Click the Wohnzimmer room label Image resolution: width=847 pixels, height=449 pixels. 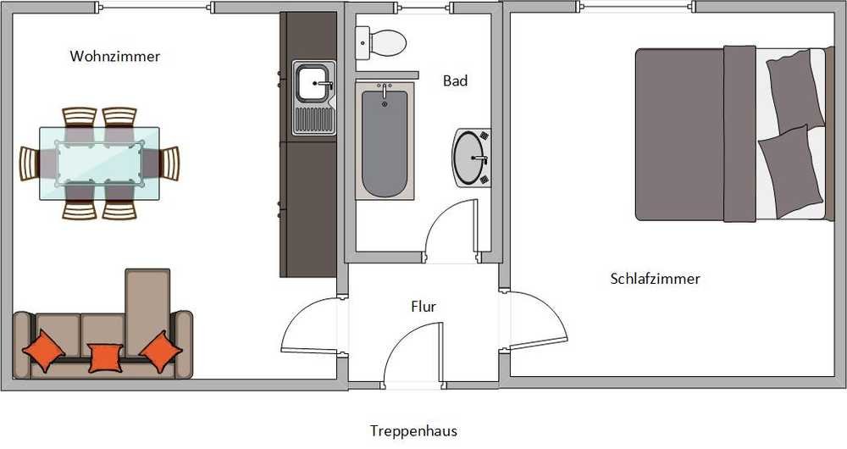[x=115, y=56]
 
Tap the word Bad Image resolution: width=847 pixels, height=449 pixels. [x=456, y=80]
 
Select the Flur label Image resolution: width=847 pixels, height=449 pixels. [x=423, y=307]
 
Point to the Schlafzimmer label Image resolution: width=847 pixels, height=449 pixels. [x=656, y=279]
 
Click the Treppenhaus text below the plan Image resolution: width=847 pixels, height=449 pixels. [x=414, y=431]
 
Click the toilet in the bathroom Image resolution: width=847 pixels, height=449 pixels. [x=381, y=42]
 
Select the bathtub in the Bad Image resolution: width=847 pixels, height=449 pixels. [x=385, y=141]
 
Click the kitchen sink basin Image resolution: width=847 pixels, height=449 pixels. [x=313, y=83]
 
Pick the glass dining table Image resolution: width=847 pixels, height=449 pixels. [x=99, y=164]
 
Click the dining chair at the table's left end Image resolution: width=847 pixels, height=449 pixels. [x=30, y=164]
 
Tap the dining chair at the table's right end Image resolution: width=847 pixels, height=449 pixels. [x=169, y=164]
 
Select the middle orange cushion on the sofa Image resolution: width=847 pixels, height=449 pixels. [x=105, y=358]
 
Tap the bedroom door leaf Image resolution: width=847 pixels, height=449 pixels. [x=538, y=344]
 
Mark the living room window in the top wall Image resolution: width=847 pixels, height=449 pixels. [x=154, y=7]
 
